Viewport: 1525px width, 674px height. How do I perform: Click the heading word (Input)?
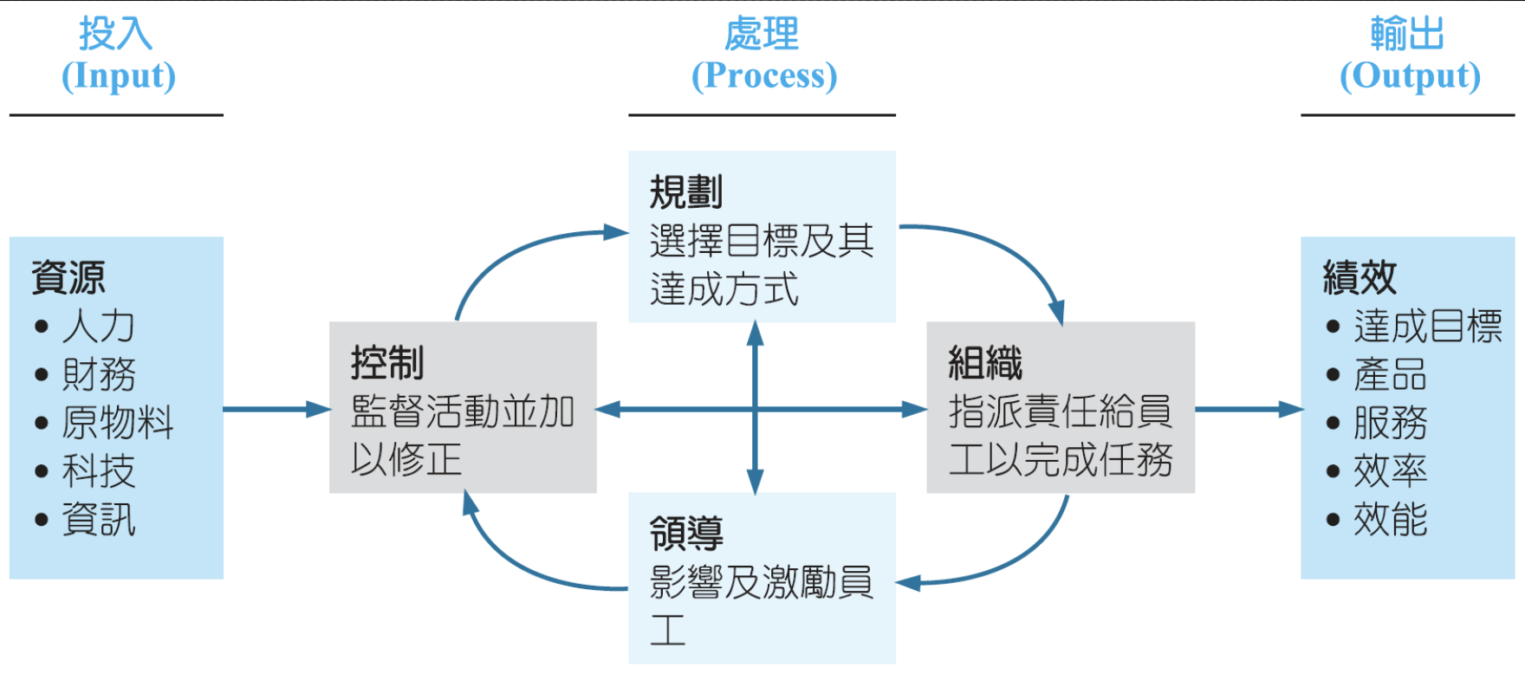pos(119,76)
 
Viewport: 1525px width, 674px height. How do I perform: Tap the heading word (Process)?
pos(764,76)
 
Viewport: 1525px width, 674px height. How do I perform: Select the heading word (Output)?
pos(1410,76)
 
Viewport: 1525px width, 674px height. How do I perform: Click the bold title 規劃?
pos(686,192)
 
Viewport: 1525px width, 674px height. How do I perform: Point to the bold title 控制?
pos(387,363)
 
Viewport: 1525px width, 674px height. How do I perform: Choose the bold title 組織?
pos(985,363)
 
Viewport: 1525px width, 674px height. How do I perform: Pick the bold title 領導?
pos(686,534)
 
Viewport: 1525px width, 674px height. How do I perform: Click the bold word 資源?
pos(68,278)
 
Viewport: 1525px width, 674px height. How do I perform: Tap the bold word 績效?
pos(1360,278)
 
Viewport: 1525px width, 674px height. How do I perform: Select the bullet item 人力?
pos(98,327)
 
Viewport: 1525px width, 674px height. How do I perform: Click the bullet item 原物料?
pos(117,424)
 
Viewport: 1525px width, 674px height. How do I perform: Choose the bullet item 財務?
pos(98,375)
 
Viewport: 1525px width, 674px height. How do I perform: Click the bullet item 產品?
pos(1390,375)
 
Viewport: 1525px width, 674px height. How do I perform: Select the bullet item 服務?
pos(1390,424)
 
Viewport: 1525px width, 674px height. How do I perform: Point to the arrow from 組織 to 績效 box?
pos(1248,410)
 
